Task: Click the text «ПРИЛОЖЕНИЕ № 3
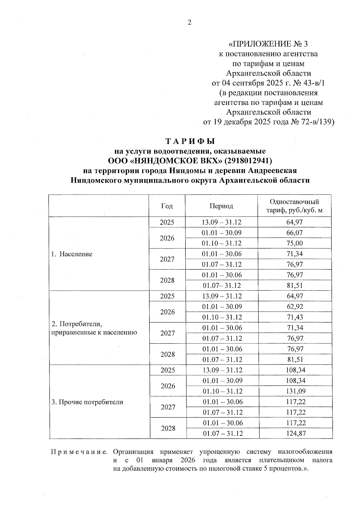268,44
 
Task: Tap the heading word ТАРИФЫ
190,141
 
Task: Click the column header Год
167,206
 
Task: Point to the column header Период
221,206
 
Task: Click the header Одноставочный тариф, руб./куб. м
295,206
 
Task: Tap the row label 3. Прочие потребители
87,402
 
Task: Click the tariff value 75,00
295,243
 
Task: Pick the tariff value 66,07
295,233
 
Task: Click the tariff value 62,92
295,307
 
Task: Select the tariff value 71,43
295,317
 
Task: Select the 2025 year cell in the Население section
167,222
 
